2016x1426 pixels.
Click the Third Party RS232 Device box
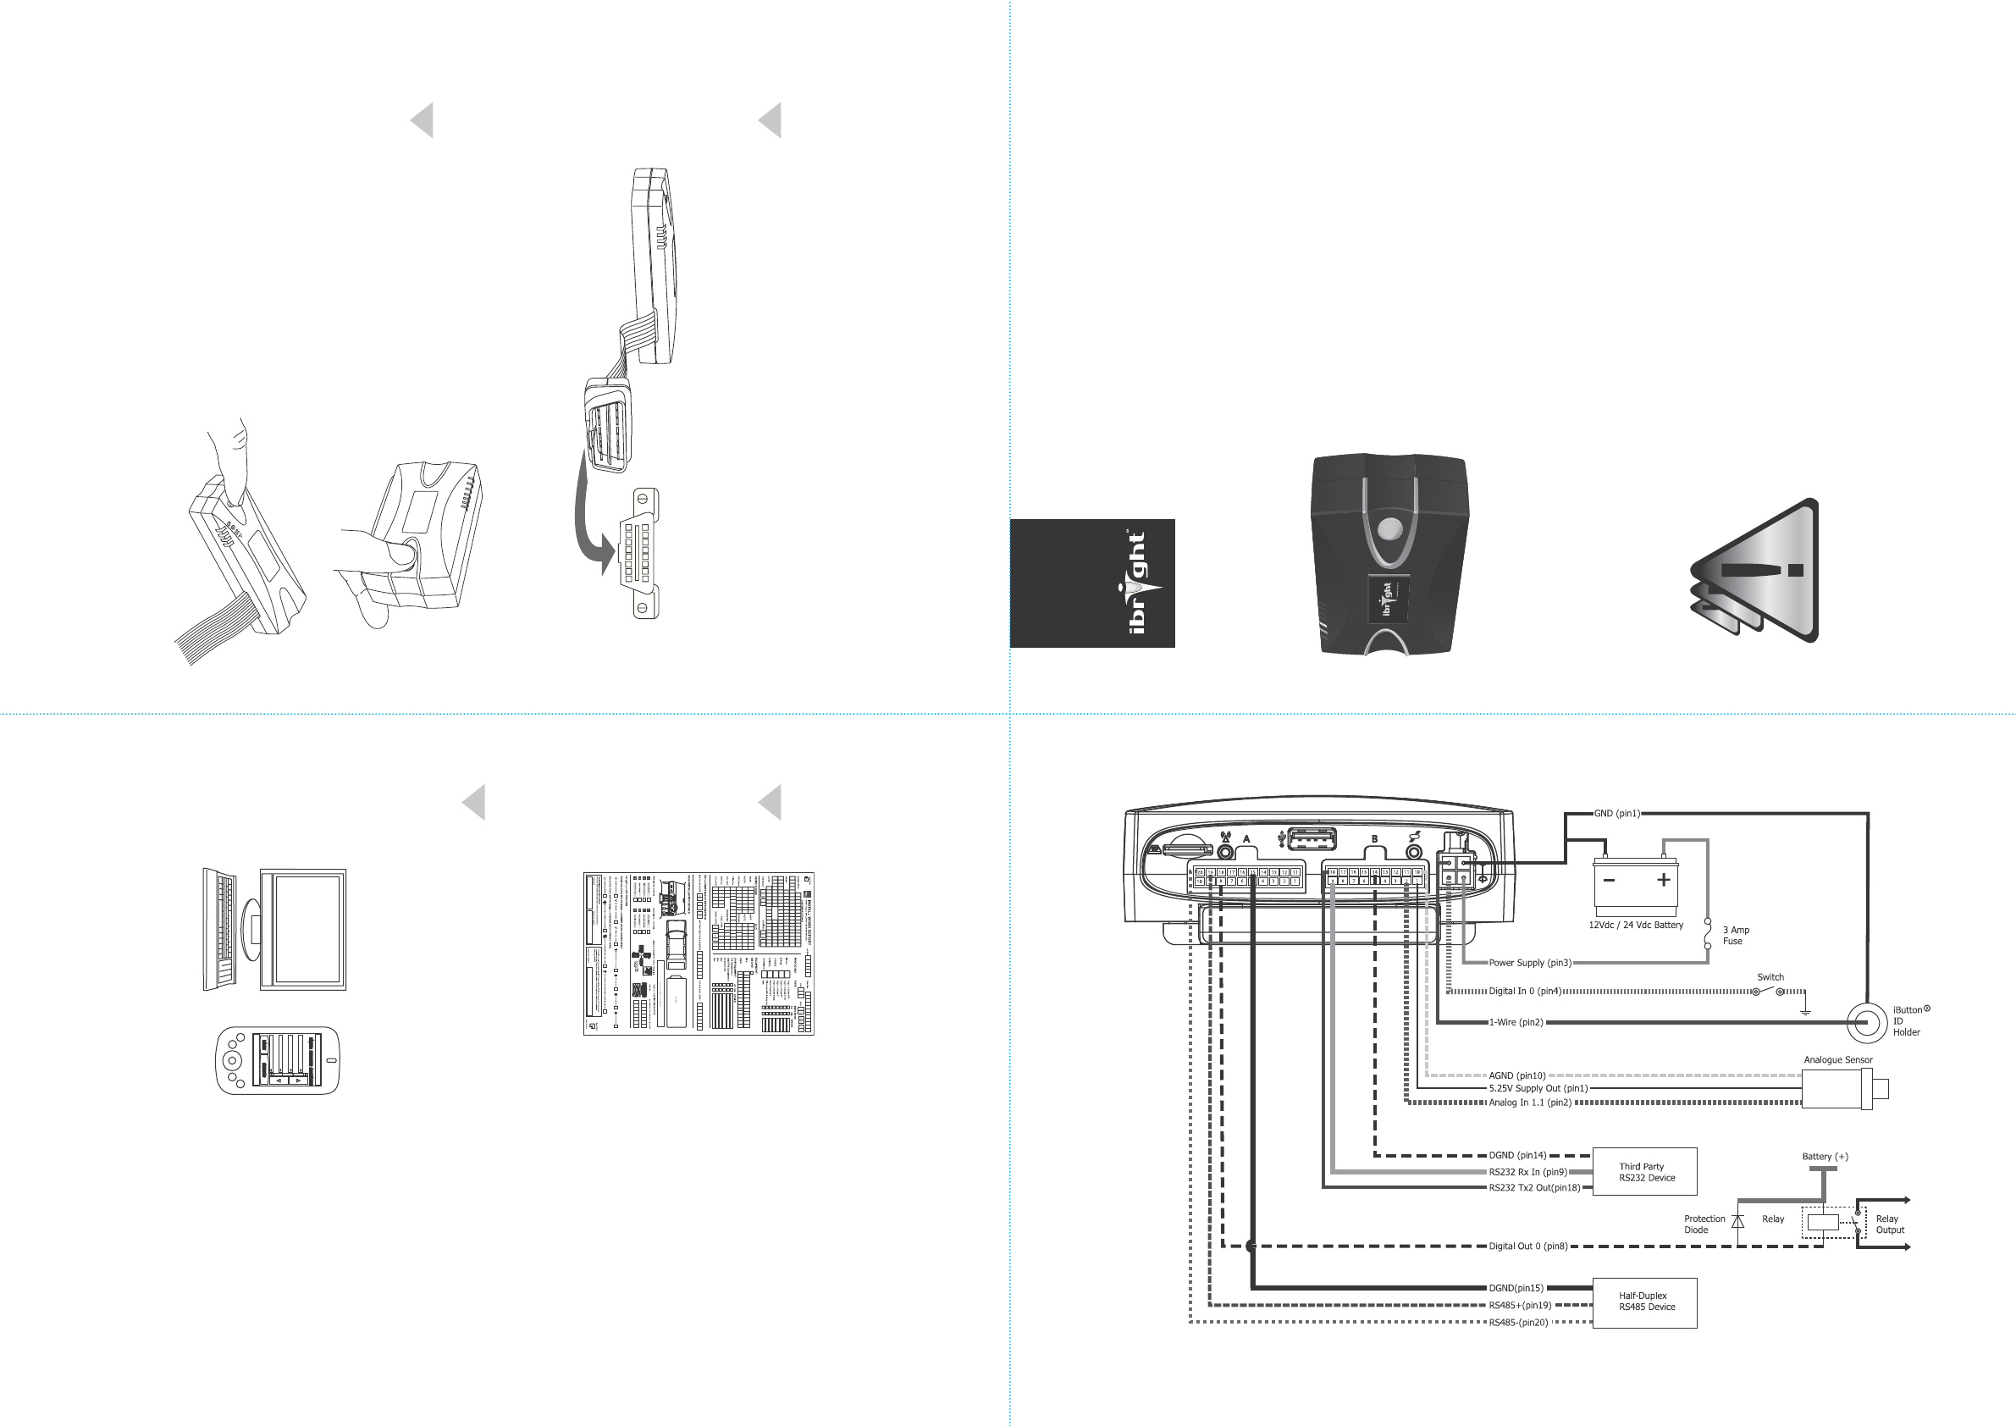point(1644,1171)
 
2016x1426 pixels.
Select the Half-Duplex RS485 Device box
point(1644,1302)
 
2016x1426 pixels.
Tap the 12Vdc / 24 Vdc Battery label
point(1636,925)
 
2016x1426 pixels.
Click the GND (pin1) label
point(1616,813)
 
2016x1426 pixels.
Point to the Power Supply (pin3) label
point(1529,962)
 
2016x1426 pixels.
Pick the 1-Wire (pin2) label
point(1516,1022)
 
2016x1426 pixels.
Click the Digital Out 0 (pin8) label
point(1527,1246)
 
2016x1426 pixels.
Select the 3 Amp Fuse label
point(1735,935)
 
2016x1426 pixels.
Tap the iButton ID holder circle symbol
point(1866,1022)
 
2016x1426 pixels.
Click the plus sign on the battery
point(1663,880)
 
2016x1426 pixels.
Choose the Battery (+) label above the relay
point(1825,1157)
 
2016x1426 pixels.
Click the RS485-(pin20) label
point(1518,1323)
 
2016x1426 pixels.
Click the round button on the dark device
point(1391,530)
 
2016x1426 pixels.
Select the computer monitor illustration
point(303,930)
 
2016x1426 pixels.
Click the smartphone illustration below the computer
point(278,1060)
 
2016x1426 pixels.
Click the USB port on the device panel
point(1312,839)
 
